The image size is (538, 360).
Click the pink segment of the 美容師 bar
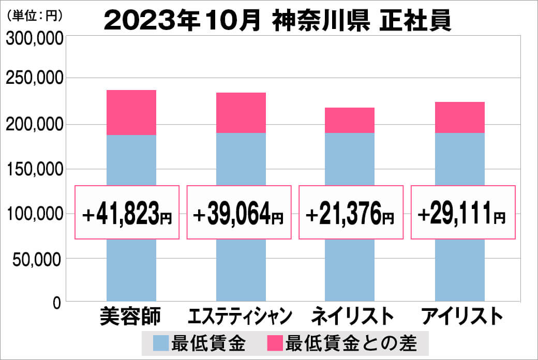131,112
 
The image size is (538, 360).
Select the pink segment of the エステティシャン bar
241,113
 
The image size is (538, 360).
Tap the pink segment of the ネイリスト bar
350,120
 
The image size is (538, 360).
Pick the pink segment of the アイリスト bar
459,117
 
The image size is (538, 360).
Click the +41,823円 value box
127,213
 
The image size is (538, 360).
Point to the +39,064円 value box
238,213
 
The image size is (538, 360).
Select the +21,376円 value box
351,213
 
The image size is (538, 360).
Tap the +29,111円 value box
463,213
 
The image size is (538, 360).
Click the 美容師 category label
131,315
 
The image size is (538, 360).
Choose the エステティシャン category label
241,316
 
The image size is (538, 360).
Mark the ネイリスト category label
350,316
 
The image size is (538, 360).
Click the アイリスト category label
459,316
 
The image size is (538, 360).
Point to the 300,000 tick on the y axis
34,39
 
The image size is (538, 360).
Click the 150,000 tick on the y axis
34,169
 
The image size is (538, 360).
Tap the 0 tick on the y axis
56,302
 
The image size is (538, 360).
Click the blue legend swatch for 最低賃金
161,342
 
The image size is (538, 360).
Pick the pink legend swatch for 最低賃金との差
275,342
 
